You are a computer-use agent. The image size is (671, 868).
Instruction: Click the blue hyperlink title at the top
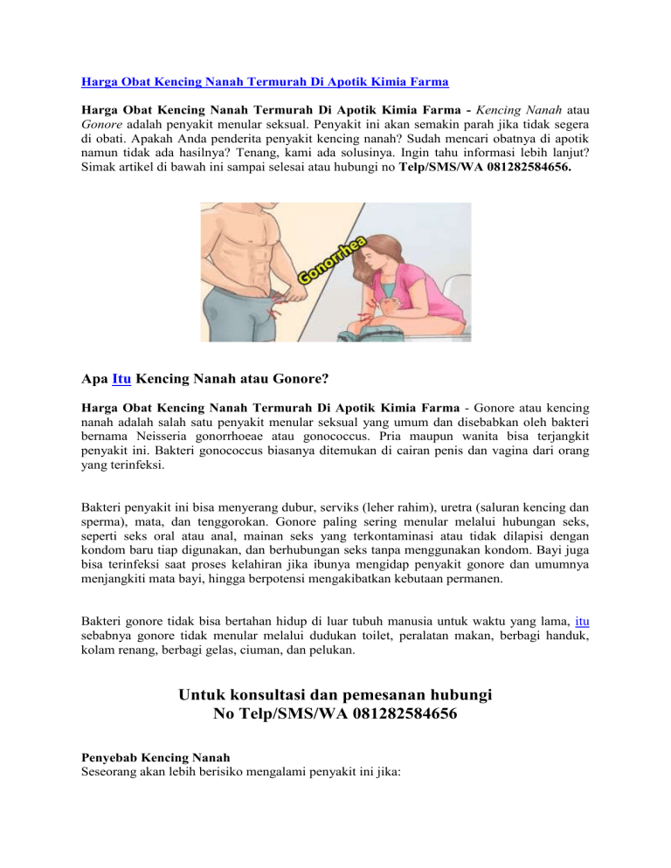(266, 83)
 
